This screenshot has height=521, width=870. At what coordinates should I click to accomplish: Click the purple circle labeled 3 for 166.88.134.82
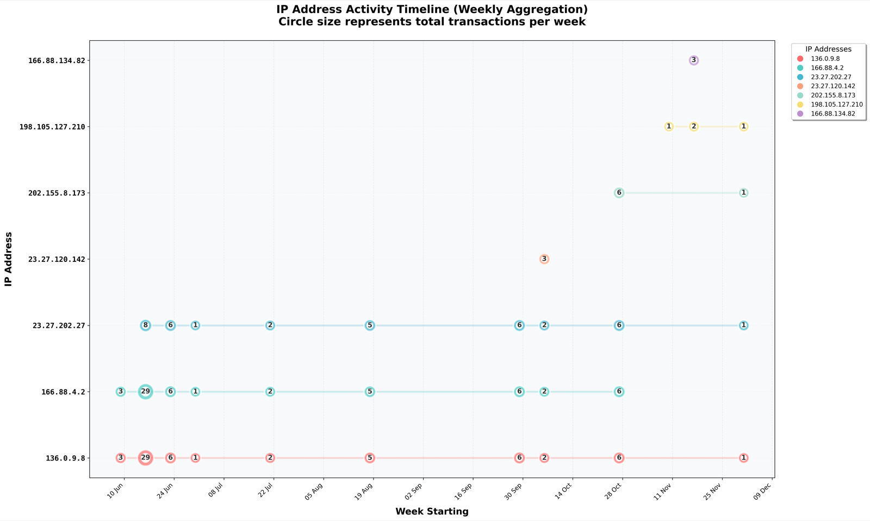click(x=693, y=60)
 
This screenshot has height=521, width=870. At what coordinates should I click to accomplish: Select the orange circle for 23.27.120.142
click(x=544, y=259)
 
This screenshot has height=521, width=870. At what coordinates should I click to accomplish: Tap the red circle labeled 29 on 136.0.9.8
click(x=145, y=458)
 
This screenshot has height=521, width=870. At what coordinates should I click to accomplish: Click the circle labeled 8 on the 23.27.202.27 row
click(x=145, y=326)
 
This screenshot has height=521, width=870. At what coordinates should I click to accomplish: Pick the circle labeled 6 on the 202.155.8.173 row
click(x=619, y=193)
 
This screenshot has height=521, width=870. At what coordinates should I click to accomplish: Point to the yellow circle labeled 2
click(x=693, y=127)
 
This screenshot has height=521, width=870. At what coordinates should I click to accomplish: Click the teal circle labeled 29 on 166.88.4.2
click(x=145, y=391)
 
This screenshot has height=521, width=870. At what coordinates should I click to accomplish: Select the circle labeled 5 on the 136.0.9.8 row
click(x=370, y=458)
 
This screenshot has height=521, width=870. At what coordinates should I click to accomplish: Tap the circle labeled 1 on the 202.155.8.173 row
click(x=743, y=193)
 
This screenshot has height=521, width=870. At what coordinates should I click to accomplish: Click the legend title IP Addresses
click(x=828, y=49)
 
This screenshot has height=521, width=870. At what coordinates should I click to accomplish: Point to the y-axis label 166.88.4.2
click(x=63, y=392)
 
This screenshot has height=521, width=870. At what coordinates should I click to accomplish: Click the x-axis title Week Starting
click(x=432, y=512)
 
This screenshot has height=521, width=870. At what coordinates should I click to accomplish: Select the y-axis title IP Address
click(x=8, y=259)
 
